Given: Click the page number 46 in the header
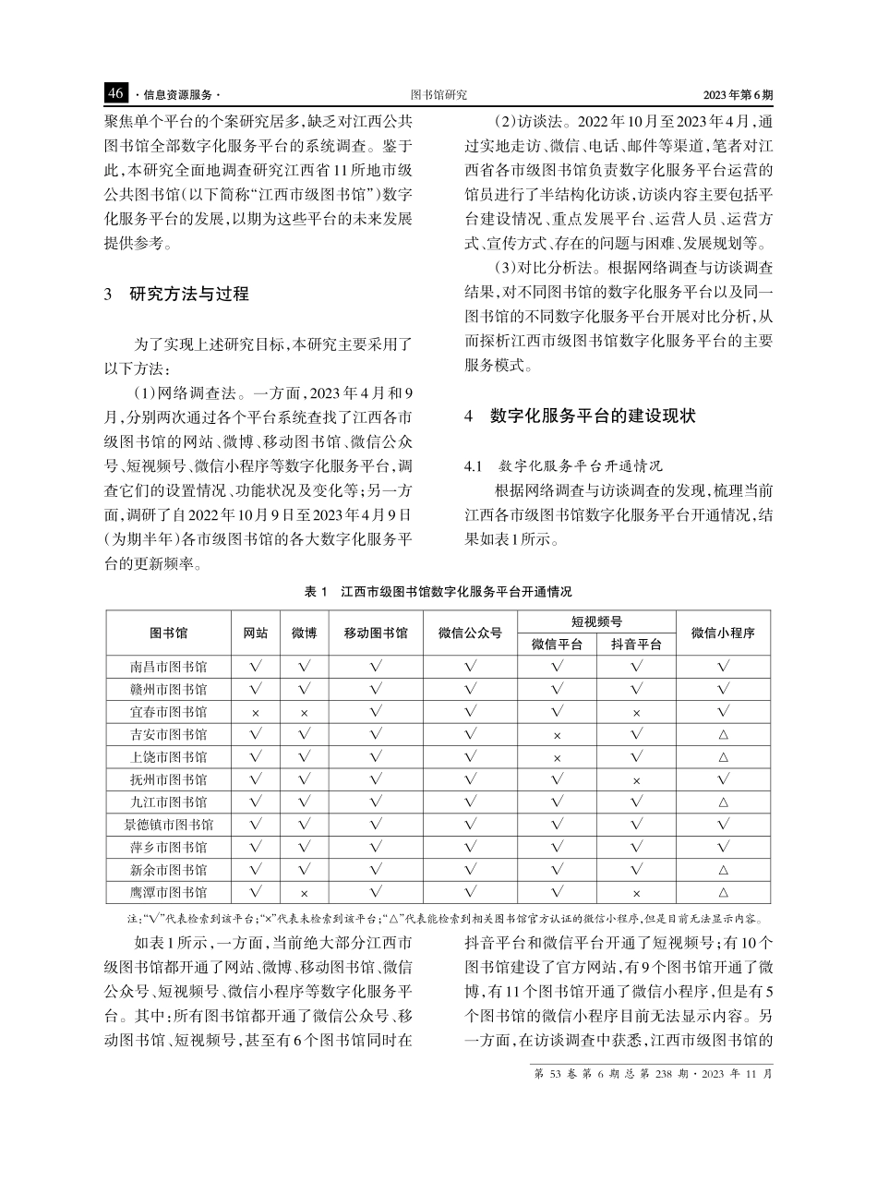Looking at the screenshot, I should (115, 94).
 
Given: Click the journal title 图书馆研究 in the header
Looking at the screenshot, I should (438, 95).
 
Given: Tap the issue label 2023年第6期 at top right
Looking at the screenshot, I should (738, 95).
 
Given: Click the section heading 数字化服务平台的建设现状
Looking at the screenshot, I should (592, 416).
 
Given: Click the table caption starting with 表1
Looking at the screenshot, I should (438, 592).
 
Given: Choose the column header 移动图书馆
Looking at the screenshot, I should (376, 633).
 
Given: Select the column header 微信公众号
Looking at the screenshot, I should (470, 633).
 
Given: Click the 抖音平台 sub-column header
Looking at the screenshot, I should (636, 645).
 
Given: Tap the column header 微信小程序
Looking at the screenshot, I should (723, 633).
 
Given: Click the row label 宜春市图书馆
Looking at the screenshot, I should (169, 712).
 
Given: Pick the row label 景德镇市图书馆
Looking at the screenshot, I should (169, 825).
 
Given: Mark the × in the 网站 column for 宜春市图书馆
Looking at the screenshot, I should (256, 713).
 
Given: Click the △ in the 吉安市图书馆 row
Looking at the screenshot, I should (723, 735).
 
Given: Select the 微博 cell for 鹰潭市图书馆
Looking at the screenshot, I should (304, 893).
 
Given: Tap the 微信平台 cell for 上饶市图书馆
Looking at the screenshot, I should (557, 758).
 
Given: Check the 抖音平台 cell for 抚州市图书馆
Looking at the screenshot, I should (636, 780).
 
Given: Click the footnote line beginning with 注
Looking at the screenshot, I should (438, 918).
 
